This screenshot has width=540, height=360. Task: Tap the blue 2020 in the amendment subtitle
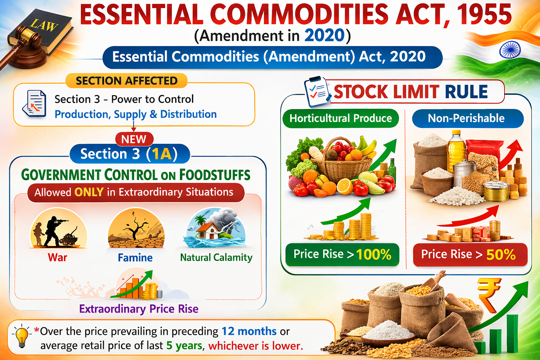(x=324, y=36)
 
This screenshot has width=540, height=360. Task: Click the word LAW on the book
(x=44, y=25)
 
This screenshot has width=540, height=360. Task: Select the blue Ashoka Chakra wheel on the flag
(x=510, y=50)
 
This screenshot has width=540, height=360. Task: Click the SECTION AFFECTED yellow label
(x=127, y=81)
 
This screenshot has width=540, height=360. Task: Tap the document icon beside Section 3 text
(x=34, y=104)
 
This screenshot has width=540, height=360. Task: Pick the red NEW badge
(x=134, y=139)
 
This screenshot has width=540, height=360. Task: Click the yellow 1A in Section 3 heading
(x=161, y=154)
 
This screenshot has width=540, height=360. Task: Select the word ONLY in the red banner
(x=89, y=192)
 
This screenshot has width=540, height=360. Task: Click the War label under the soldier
(x=57, y=258)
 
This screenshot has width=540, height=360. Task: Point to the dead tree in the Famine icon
(x=135, y=227)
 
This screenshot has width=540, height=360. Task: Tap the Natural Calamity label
(x=216, y=258)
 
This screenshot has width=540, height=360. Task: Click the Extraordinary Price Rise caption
(x=139, y=309)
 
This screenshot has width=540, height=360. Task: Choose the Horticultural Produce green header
(x=340, y=118)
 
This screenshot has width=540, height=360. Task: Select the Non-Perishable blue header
(x=466, y=118)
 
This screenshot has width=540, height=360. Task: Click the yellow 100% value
(x=373, y=255)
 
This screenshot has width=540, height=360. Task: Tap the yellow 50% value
(x=501, y=255)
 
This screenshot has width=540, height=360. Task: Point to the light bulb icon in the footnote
(x=21, y=336)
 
